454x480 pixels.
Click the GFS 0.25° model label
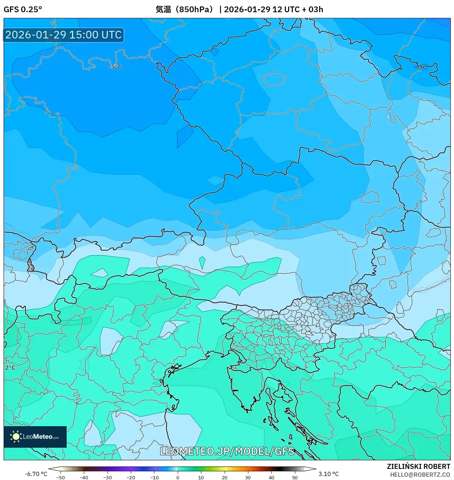pyautogui.click(x=23, y=9)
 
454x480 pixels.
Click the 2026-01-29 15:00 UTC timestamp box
pyautogui.click(x=63, y=35)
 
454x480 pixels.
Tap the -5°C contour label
pyautogui.click(x=115, y=67)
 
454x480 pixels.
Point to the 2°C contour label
pyautogui.click(x=10, y=368)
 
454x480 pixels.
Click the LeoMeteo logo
pyautogui.click(x=35, y=437)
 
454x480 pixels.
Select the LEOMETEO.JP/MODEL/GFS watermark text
pyautogui.click(x=227, y=451)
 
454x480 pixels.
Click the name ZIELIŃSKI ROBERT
pyautogui.click(x=418, y=466)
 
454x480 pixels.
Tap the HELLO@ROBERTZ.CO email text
pyautogui.click(x=420, y=475)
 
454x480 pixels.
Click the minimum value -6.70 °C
pyautogui.click(x=36, y=474)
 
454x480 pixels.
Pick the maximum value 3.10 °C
pyautogui.click(x=329, y=474)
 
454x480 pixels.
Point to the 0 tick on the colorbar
pyautogui.click(x=178, y=477)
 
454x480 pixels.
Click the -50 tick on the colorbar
pyautogui.click(x=61, y=477)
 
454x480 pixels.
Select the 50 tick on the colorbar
pyautogui.click(x=295, y=477)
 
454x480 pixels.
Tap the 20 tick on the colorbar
pyautogui.click(x=225, y=477)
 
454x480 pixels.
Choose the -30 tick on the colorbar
pyautogui.click(x=107, y=477)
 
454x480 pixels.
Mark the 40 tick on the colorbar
pyautogui.click(x=271, y=477)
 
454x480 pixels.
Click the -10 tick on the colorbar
pyautogui.click(x=154, y=477)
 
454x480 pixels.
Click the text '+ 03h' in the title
pyautogui.click(x=312, y=9)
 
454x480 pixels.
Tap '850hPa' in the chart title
pyautogui.click(x=196, y=9)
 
